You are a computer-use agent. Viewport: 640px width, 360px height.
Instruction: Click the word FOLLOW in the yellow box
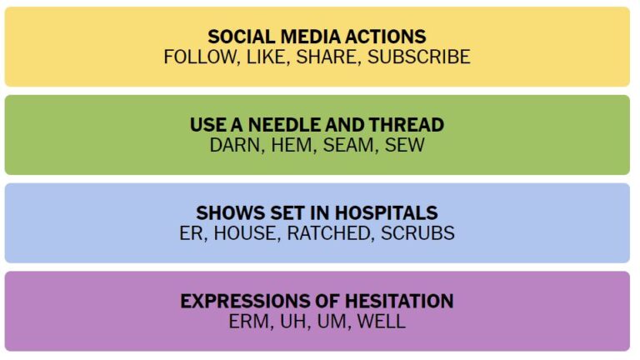[200, 57]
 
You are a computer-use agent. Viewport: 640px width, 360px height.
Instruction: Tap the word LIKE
[266, 57]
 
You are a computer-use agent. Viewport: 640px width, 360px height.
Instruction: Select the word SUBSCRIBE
[419, 57]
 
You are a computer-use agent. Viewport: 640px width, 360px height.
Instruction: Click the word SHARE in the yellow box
[326, 57]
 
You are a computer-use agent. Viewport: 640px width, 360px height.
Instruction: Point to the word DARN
[235, 145]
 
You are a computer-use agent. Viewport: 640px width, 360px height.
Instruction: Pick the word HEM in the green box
[292, 145]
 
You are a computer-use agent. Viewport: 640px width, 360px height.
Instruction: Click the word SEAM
[348, 145]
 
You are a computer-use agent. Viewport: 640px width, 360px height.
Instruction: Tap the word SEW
[404, 145]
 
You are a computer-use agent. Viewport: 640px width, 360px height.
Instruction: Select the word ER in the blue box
[191, 233]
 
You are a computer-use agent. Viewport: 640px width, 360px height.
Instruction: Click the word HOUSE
[245, 233]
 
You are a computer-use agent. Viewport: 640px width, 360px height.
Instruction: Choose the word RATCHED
[328, 233]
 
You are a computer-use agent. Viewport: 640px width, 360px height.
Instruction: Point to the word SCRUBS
[417, 233]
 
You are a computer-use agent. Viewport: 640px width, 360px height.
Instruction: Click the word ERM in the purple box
[248, 321]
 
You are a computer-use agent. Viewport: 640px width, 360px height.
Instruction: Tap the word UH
[293, 321]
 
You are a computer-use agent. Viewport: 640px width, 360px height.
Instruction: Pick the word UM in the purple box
[332, 321]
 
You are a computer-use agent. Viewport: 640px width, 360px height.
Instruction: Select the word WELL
[381, 321]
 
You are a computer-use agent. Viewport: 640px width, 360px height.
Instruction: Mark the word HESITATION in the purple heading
[399, 301]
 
